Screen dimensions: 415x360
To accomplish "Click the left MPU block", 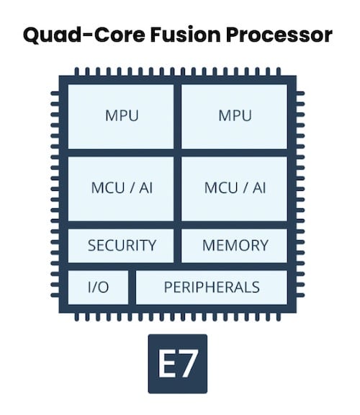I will click(x=121, y=116).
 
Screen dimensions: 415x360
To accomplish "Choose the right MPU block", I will click(x=235, y=116).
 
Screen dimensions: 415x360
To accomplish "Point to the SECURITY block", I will click(x=121, y=245).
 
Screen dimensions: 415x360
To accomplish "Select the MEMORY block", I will click(x=235, y=245).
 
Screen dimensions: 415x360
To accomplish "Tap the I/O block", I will click(x=98, y=287).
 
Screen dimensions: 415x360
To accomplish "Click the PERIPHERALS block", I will click(x=212, y=287).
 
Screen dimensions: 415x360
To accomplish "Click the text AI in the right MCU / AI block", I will click(x=259, y=188).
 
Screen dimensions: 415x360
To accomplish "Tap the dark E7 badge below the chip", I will click(x=178, y=363).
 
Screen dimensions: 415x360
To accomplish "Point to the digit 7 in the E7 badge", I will click(x=189, y=363).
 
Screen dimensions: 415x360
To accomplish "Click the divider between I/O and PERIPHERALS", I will click(x=132, y=287).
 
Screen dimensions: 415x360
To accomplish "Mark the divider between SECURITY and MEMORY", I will click(x=177, y=245).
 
